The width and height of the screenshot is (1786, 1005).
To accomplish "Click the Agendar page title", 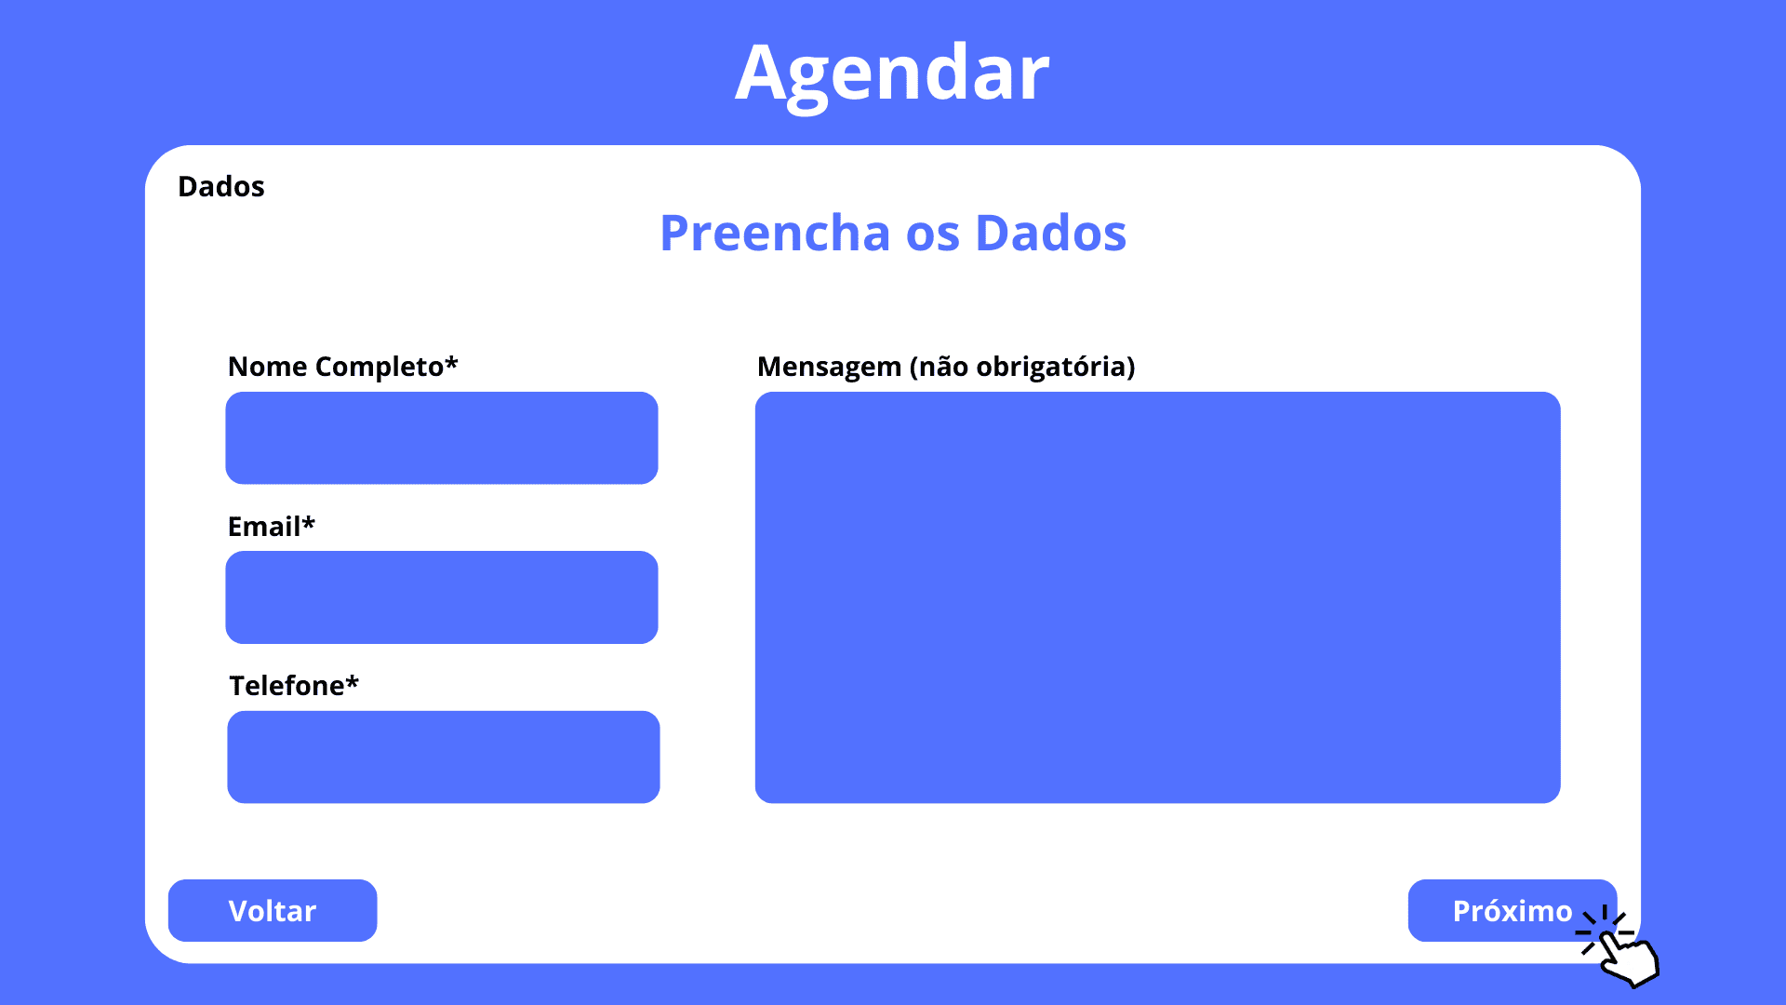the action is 892,74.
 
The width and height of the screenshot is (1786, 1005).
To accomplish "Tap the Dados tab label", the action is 221,186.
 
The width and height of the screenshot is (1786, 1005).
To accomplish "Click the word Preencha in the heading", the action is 775,233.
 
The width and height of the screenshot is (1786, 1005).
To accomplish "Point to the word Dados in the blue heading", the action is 1051,233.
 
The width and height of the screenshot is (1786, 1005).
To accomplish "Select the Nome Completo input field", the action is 442,437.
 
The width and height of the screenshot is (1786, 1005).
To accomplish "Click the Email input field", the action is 442,597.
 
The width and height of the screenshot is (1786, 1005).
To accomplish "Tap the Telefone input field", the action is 444,757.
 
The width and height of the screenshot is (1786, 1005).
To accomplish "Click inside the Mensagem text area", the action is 1158,597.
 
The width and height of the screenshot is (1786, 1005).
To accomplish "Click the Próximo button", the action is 1513,910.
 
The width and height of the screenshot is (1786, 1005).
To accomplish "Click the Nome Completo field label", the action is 343,367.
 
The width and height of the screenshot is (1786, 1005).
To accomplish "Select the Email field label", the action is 272,527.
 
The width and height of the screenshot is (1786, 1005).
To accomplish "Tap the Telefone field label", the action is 294,686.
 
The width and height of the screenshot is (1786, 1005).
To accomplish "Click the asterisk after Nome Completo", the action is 451,361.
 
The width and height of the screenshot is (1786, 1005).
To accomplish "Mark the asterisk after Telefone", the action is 353,680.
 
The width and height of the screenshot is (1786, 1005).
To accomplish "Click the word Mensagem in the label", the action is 830,367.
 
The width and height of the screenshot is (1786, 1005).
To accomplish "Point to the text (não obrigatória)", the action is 1022,367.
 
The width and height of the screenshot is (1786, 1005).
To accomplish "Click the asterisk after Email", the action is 309,521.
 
